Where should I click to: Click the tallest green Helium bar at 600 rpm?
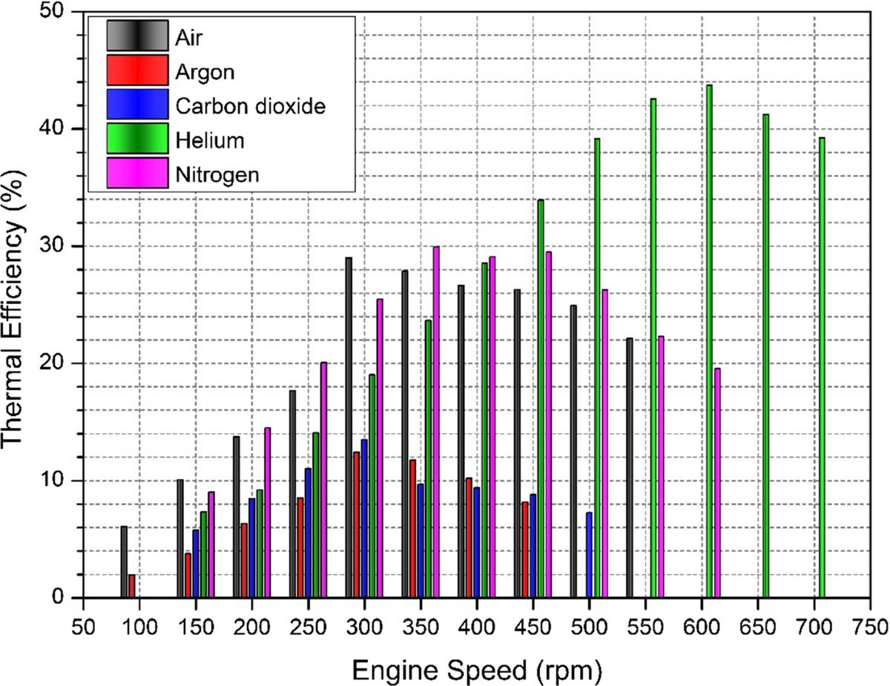click(x=710, y=341)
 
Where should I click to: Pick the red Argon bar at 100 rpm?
click(x=132, y=586)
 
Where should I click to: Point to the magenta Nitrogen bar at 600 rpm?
click(x=717, y=482)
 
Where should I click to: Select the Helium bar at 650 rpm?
click(x=766, y=356)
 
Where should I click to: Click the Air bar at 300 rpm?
click(x=349, y=427)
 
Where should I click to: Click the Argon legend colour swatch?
click(x=136, y=70)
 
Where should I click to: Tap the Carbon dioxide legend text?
click(x=251, y=105)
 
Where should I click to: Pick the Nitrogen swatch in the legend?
click(x=136, y=174)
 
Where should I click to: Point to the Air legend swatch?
click(x=136, y=36)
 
